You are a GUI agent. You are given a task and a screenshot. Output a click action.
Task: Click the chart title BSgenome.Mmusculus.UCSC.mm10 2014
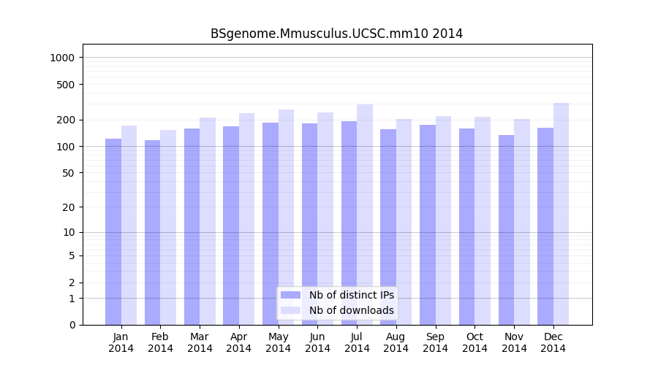point(336,34)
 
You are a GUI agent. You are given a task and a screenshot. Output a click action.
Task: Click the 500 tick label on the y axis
point(67,85)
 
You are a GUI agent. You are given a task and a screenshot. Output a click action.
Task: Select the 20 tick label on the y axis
point(69,207)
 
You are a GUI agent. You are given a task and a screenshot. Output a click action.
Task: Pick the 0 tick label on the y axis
point(72,325)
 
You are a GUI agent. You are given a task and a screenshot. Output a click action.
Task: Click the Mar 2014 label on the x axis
point(200,342)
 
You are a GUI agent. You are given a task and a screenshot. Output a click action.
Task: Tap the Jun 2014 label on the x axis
point(317,342)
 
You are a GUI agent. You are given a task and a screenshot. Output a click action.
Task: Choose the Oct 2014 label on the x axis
point(474,342)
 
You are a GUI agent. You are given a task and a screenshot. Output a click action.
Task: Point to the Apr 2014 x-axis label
point(239,342)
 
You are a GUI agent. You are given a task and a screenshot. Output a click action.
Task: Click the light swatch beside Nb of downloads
point(290,310)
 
